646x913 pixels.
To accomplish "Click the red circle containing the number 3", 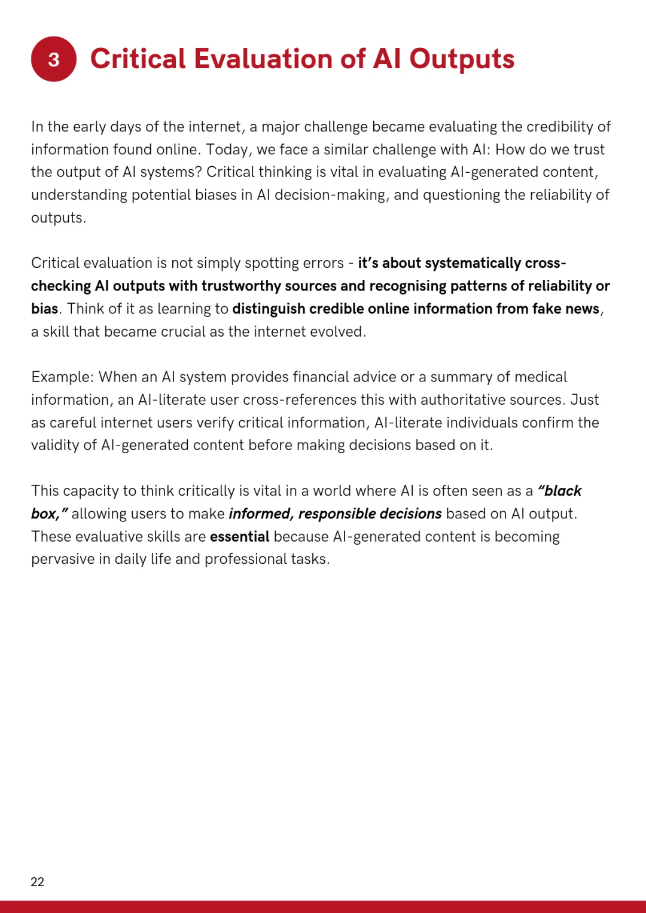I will point(54,59).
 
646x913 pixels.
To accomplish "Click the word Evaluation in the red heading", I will point(263,59).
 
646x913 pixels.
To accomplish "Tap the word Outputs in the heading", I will point(461,59).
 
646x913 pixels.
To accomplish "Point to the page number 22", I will point(37,882).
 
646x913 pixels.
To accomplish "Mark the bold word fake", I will point(546,309).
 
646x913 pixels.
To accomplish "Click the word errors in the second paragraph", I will point(324,263).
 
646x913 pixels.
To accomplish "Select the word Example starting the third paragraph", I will point(62,377).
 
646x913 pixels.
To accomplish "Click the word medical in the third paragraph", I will point(541,377).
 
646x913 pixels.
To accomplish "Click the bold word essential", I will point(239,537).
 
